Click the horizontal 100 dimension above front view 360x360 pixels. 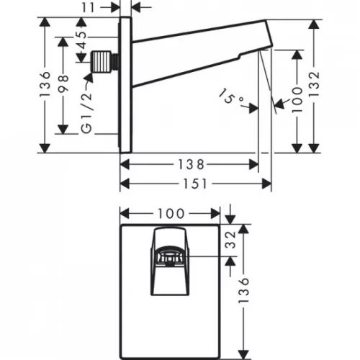(170, 214)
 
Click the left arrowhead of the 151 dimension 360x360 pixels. (123, 183)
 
